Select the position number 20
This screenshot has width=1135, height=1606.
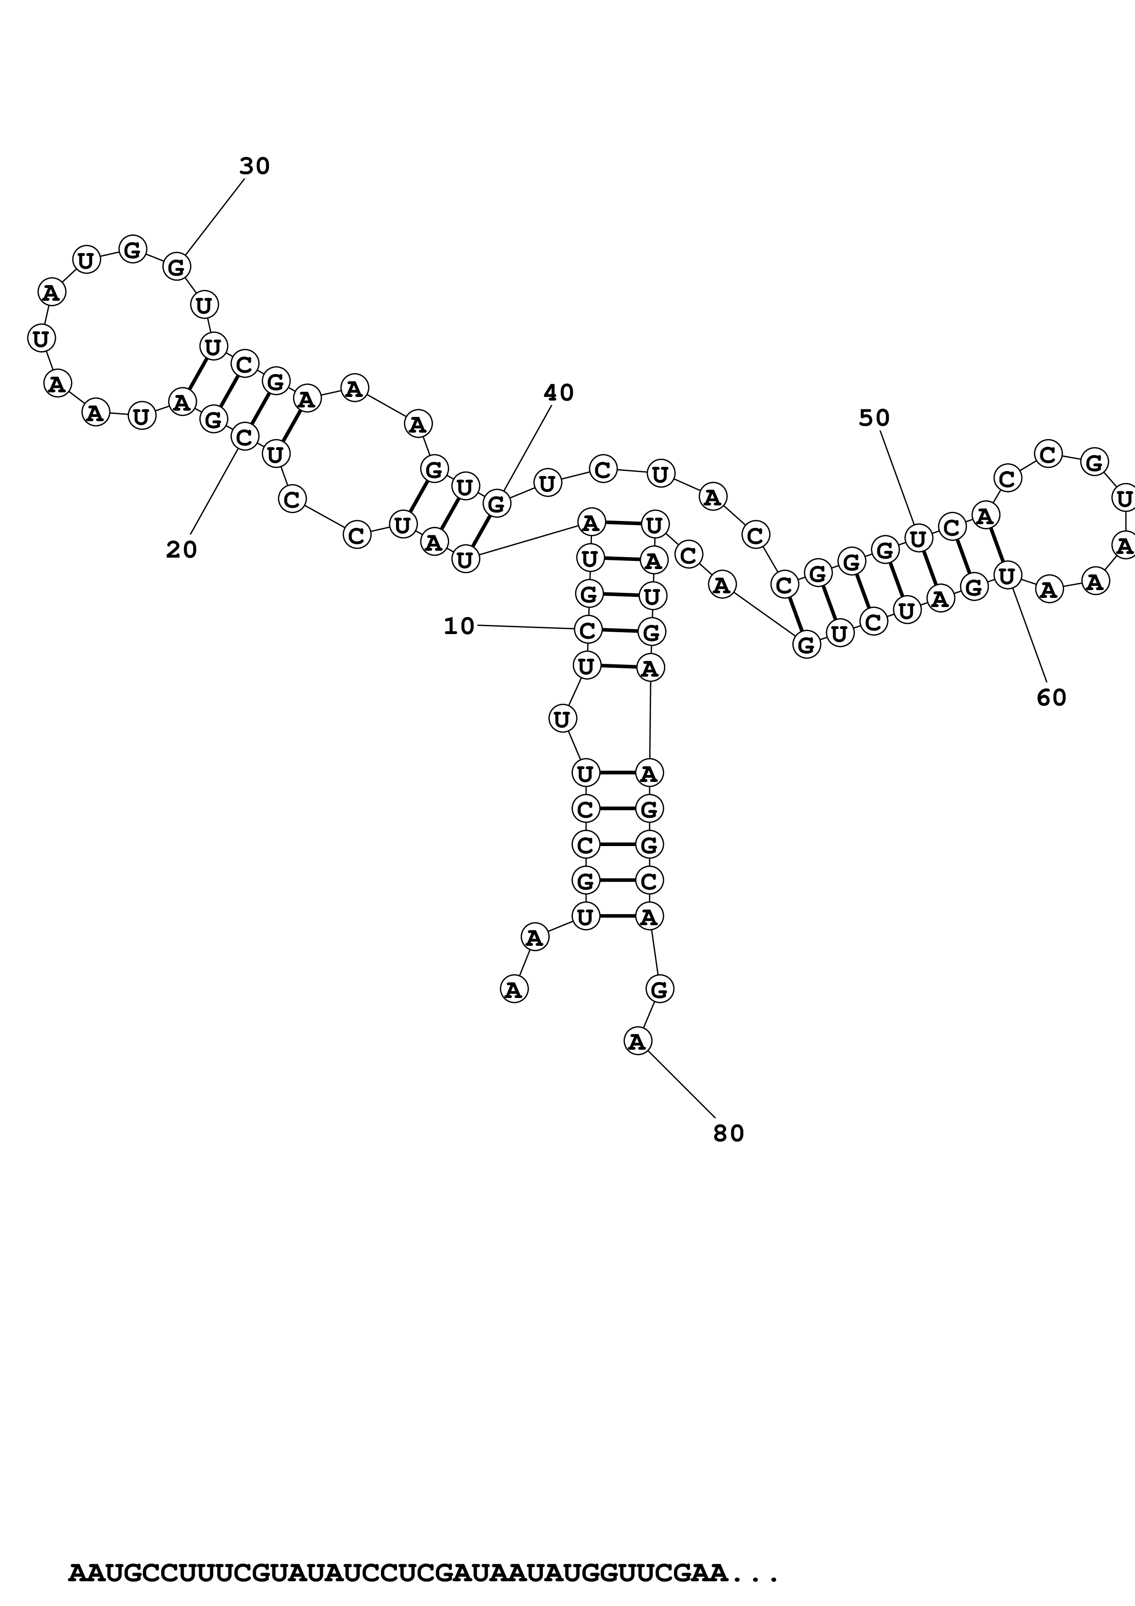[x=181, y=550]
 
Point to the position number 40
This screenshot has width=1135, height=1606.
[x=558, y=393]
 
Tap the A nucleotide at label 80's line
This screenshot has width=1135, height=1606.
[x=637, y=1042]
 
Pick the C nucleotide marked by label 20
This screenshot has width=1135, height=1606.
[x=244, y=437]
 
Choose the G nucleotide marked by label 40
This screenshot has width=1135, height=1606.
[x=496, y=503]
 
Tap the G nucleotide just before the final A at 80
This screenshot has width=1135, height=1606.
[x=659, y=989]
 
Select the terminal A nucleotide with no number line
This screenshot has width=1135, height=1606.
[x=514, y=989]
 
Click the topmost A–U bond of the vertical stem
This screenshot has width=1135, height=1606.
[x=622, y=522]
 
